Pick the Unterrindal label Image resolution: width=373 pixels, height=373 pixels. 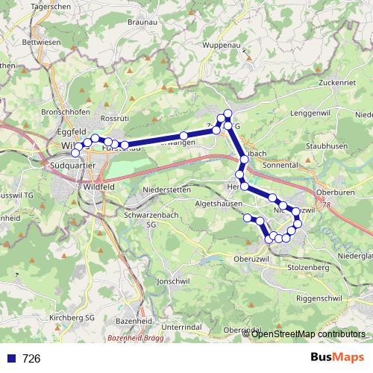coord(181,327)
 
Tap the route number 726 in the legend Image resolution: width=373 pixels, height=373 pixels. coord(32,359)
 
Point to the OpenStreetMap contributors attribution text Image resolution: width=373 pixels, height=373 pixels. coord(308,333)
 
